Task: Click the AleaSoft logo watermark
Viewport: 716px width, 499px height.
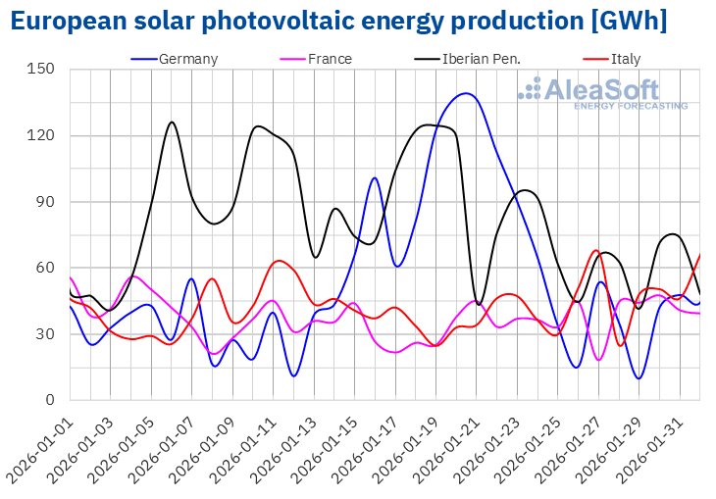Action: [602, 93]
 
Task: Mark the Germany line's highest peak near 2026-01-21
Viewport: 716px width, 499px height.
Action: [465, 93]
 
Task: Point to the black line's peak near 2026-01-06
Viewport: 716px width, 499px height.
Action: [172, 122]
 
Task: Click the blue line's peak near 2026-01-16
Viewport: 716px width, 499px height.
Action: [374, 177]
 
